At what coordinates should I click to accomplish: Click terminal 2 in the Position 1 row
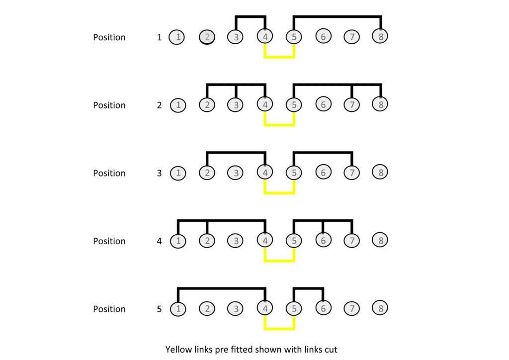click(207, 37)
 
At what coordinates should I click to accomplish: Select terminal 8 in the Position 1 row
click(380, 36)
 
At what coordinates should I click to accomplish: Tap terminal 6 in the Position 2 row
click(323, 104)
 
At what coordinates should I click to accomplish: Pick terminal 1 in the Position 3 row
click(178, 173)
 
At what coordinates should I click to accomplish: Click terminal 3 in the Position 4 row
click(236, 241)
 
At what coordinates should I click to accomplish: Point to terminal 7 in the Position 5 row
click(352, 308)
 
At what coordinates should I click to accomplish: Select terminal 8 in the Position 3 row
click(380, 172)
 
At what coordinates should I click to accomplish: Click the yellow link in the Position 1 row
click(279, 57)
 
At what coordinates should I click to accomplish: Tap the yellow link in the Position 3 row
click(279, 193)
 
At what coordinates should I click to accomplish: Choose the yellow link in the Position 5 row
click(279, 329)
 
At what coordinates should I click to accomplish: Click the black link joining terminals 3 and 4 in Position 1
click(251, 16)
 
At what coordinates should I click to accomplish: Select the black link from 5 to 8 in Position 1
click(338, 16)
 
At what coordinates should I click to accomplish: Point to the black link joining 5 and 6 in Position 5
click(308, 288)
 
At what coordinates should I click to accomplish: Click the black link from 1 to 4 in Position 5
click(222, 288)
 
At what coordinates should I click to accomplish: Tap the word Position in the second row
click(109, 105)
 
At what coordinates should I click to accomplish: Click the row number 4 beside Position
click(159, 241)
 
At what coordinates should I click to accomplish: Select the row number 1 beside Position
click(159, 37)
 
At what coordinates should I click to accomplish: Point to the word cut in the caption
click(331, 350)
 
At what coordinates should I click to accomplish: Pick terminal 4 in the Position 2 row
click(265, 104)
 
